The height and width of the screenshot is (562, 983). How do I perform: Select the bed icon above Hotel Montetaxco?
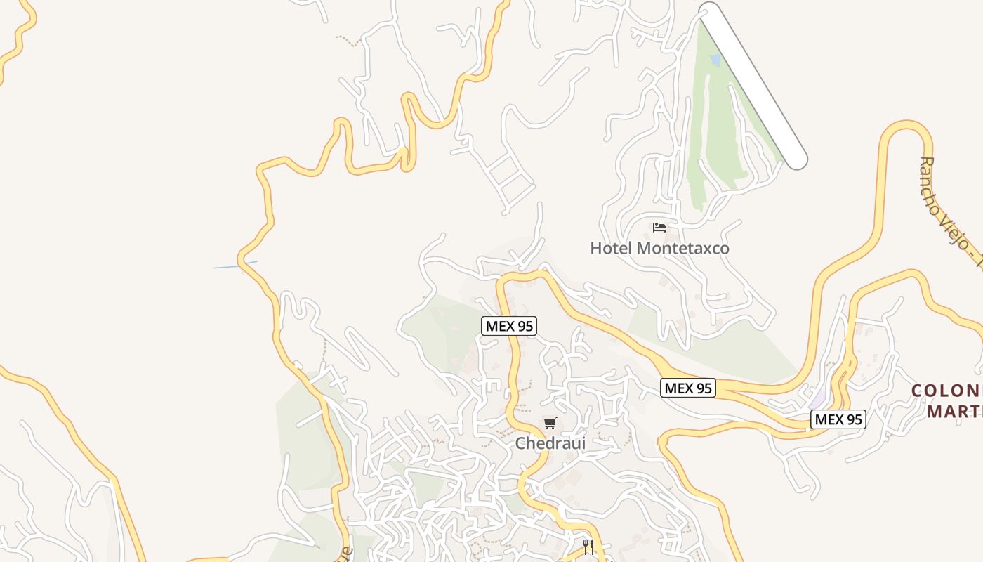coord(659,228)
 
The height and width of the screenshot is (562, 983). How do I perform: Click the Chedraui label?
coord(550,443)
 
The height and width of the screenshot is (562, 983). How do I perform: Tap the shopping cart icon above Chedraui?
coord(550,424)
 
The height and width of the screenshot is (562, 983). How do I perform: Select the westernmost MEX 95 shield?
coord(509,326)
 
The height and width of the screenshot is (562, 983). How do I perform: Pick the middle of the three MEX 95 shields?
coord(687,388)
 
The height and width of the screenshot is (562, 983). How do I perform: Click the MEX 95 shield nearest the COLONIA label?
coord(838,419)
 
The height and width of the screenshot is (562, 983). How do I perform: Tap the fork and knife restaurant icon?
coord(588,547)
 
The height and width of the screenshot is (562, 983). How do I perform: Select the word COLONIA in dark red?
coord(946,391)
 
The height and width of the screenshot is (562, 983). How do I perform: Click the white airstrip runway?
coord(753,84)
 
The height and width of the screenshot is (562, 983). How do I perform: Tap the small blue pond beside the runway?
coord(715,60)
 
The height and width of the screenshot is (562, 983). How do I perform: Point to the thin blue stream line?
coord(235,265)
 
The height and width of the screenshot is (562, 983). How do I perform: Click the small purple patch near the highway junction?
coord(818,397)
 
